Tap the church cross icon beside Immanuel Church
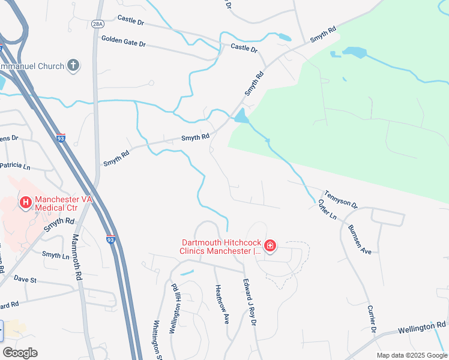73,65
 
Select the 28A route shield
98,24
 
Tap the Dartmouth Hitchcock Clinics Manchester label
222,247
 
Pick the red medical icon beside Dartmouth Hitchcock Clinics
270,245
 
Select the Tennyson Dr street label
341,200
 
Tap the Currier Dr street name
372,321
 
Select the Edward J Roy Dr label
250,302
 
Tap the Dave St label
25,279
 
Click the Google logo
20,353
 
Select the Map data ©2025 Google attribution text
411,355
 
